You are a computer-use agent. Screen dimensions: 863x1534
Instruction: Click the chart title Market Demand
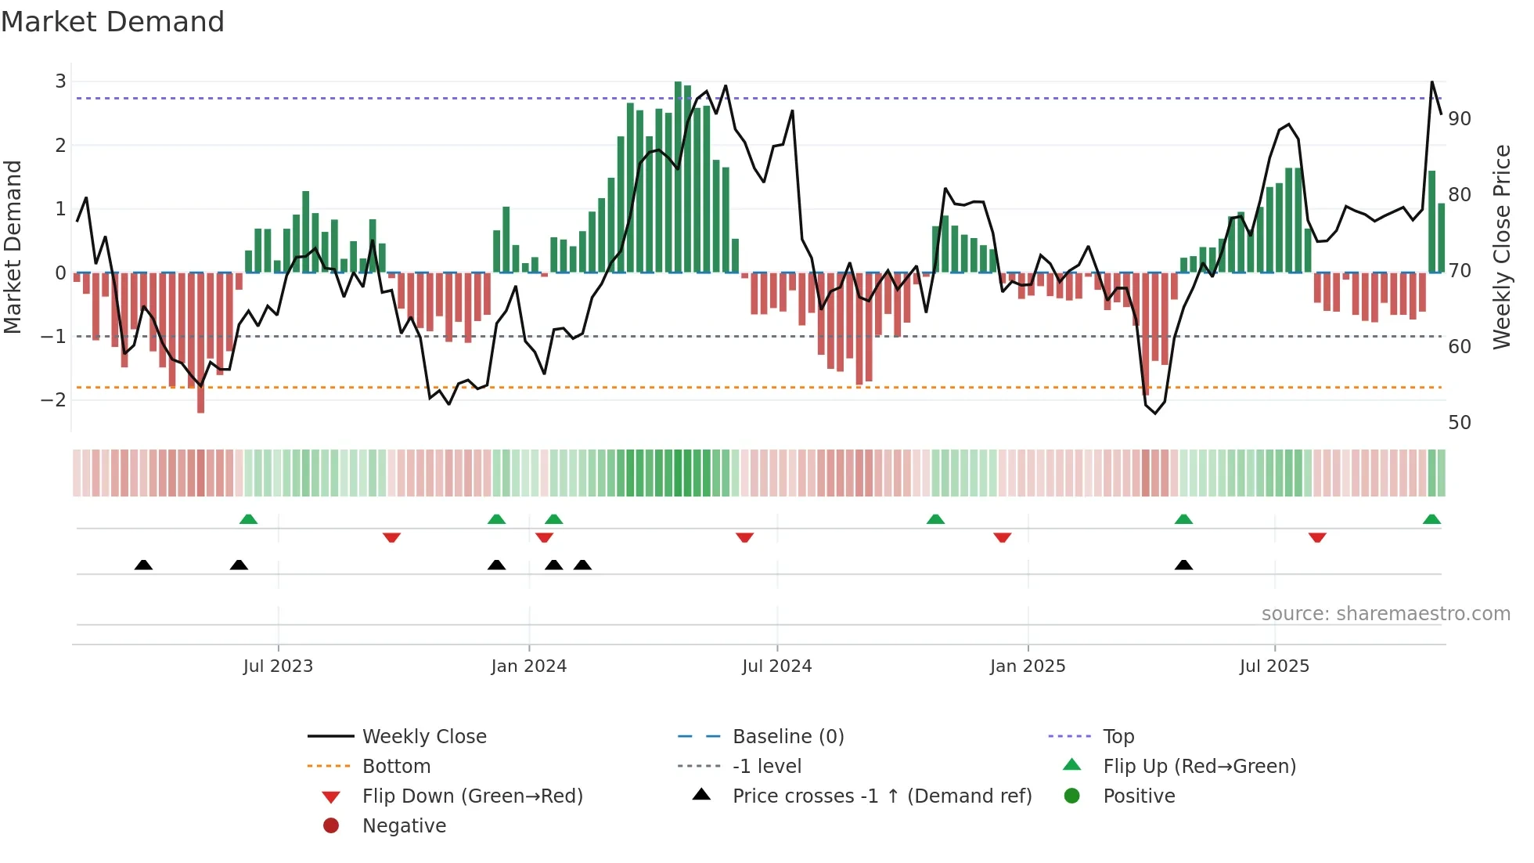point(113,22)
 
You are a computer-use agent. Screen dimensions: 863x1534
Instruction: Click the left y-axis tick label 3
point(60,81)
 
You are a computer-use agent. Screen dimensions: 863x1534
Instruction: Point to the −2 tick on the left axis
point(54,400)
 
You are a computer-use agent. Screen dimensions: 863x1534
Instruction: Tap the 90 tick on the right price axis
point(1459,119)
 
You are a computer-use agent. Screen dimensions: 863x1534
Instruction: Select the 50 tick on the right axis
point(1459,423)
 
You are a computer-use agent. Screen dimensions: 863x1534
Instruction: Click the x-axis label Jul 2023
point(278,666)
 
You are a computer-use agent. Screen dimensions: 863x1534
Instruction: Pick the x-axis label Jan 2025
point(1027,666)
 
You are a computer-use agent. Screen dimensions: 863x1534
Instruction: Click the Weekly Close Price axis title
point(1501,247)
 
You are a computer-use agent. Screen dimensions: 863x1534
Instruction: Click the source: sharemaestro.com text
point(1385,614)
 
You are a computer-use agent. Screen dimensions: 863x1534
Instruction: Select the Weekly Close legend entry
point(423,737)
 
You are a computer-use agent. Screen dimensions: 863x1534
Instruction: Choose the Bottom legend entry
point(396,767)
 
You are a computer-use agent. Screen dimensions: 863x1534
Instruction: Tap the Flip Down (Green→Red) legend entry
point(472,796)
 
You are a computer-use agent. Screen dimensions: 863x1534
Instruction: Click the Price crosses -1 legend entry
point(881,796)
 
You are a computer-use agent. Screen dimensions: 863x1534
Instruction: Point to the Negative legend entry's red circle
point(331,826)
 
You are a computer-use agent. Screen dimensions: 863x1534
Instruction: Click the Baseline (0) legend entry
point(787,737)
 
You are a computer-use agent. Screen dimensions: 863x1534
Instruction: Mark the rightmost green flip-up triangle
point(1431,519)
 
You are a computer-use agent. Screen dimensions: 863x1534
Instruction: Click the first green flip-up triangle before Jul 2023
point(248,519)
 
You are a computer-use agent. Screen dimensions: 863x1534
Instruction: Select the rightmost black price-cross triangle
point(1183,565)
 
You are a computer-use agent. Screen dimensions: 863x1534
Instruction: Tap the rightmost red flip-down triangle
point(1317,537)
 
